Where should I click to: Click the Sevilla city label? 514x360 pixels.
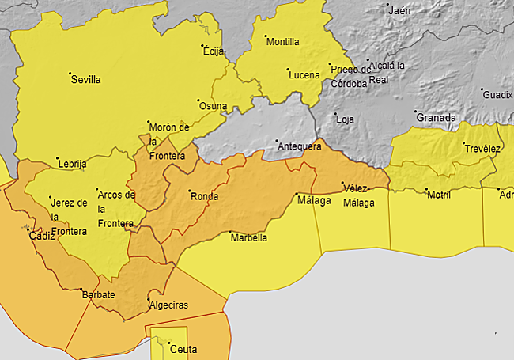(85, 79)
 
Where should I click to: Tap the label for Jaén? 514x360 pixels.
(400, 10)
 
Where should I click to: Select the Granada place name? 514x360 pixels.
(437, 118)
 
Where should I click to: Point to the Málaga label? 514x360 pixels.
(314, 200)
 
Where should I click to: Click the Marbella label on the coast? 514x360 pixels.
(248, 237)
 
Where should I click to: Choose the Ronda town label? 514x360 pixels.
(204, 196)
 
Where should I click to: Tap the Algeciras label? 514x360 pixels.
(168, 305)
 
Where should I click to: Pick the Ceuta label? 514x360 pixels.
(183, 349)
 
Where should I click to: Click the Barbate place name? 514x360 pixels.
(99, 295)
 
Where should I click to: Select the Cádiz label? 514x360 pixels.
(42, 236)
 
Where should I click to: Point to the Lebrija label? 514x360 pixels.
(72, 164)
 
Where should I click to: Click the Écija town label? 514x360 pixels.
(214, 52)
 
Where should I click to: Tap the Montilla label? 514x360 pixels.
(282, 42)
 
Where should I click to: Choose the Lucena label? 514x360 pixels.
(304, 75)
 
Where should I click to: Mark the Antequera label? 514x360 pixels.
(298, 146)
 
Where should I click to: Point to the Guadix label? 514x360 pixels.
(497, 94)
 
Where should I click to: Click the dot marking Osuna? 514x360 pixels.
(198, 100)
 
